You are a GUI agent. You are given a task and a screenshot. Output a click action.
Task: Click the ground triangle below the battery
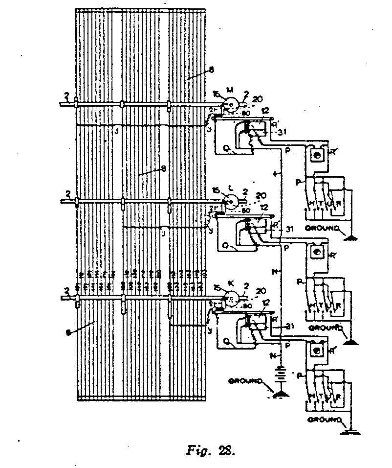281,393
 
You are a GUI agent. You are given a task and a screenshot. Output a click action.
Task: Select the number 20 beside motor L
261,193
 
